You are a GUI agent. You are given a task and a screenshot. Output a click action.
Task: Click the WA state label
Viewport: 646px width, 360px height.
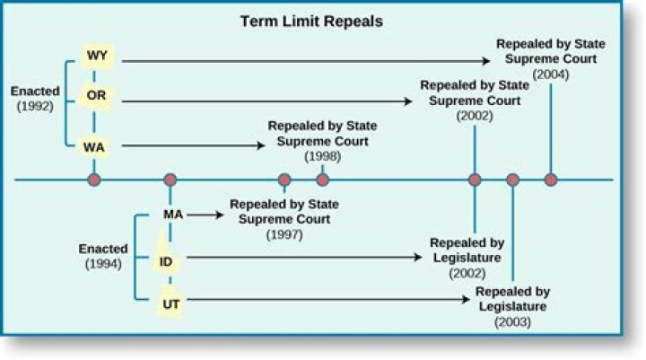96,145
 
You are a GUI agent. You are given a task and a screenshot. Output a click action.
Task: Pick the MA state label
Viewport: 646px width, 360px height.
173,215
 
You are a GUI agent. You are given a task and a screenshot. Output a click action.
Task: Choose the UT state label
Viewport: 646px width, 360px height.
171,304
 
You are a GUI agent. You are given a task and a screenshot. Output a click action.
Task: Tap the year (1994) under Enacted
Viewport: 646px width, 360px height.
103,264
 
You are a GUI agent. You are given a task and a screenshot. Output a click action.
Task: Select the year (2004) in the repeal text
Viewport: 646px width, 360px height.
549,75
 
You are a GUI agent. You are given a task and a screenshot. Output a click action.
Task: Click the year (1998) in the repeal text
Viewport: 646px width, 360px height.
322,156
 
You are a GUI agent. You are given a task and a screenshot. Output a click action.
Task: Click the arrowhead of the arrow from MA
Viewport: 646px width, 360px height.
218,215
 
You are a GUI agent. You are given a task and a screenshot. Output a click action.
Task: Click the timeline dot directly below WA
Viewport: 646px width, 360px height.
94,180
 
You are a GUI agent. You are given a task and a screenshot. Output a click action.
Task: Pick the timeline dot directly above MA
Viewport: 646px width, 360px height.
169,180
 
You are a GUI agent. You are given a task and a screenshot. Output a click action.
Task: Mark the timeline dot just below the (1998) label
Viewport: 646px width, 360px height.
323,180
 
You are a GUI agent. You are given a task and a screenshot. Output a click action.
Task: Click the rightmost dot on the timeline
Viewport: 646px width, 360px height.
551,180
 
